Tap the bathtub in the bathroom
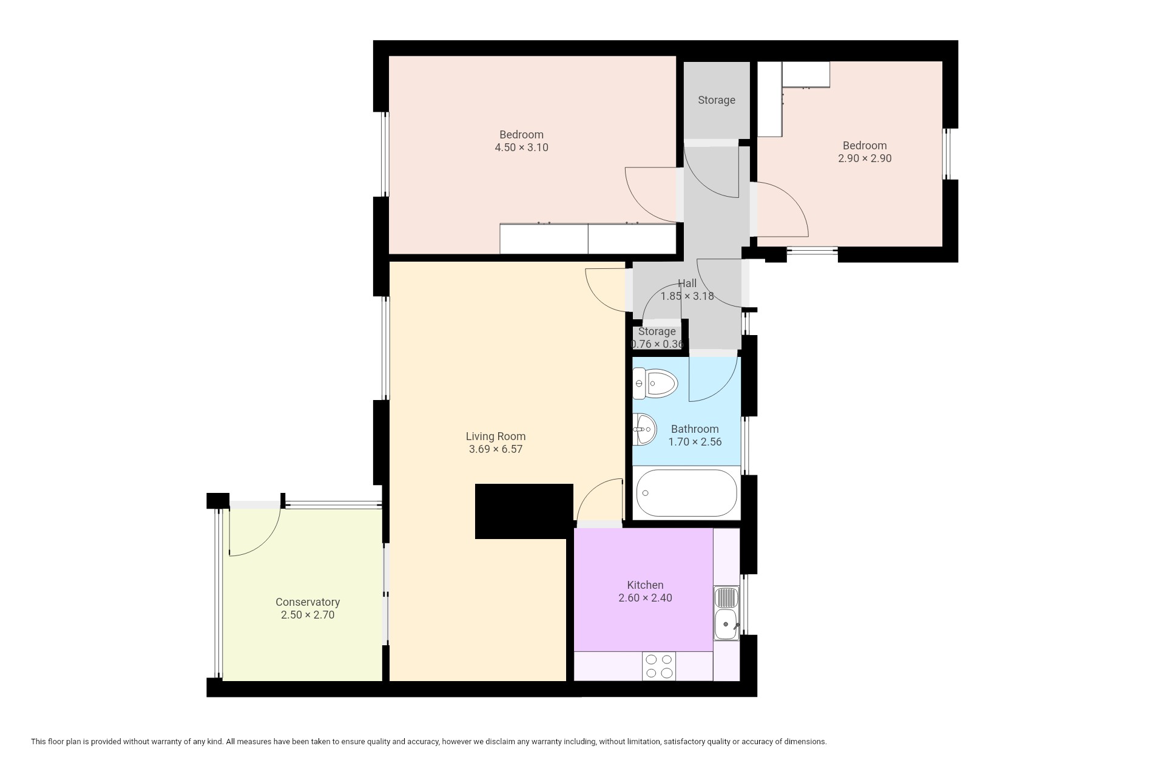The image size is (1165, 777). (x=687, y=493)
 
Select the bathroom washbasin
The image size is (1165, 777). (x=644, y=429)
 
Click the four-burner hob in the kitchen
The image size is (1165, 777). (x=659, y=666)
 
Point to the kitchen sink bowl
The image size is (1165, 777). (x=726, y=625)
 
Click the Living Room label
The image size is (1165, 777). (x=496, y=436)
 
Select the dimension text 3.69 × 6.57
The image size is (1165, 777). (x=496, y=450)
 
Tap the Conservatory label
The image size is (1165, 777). (x=308, y=602)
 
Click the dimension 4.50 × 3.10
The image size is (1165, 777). (x=522, y=148)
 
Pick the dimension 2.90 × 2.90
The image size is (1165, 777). (x=865, y=158)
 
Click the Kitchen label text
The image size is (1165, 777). (x=645, y=585)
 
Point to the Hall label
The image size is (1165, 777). (x=687, y=283)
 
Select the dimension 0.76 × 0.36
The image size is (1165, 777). (x=657, y=344)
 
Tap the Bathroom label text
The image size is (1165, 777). (x=695, y=429)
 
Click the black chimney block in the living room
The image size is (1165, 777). (x=524, y=511)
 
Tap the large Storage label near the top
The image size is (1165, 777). (x=717, y=100)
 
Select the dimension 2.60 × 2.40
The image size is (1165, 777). (x=645, y=598)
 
